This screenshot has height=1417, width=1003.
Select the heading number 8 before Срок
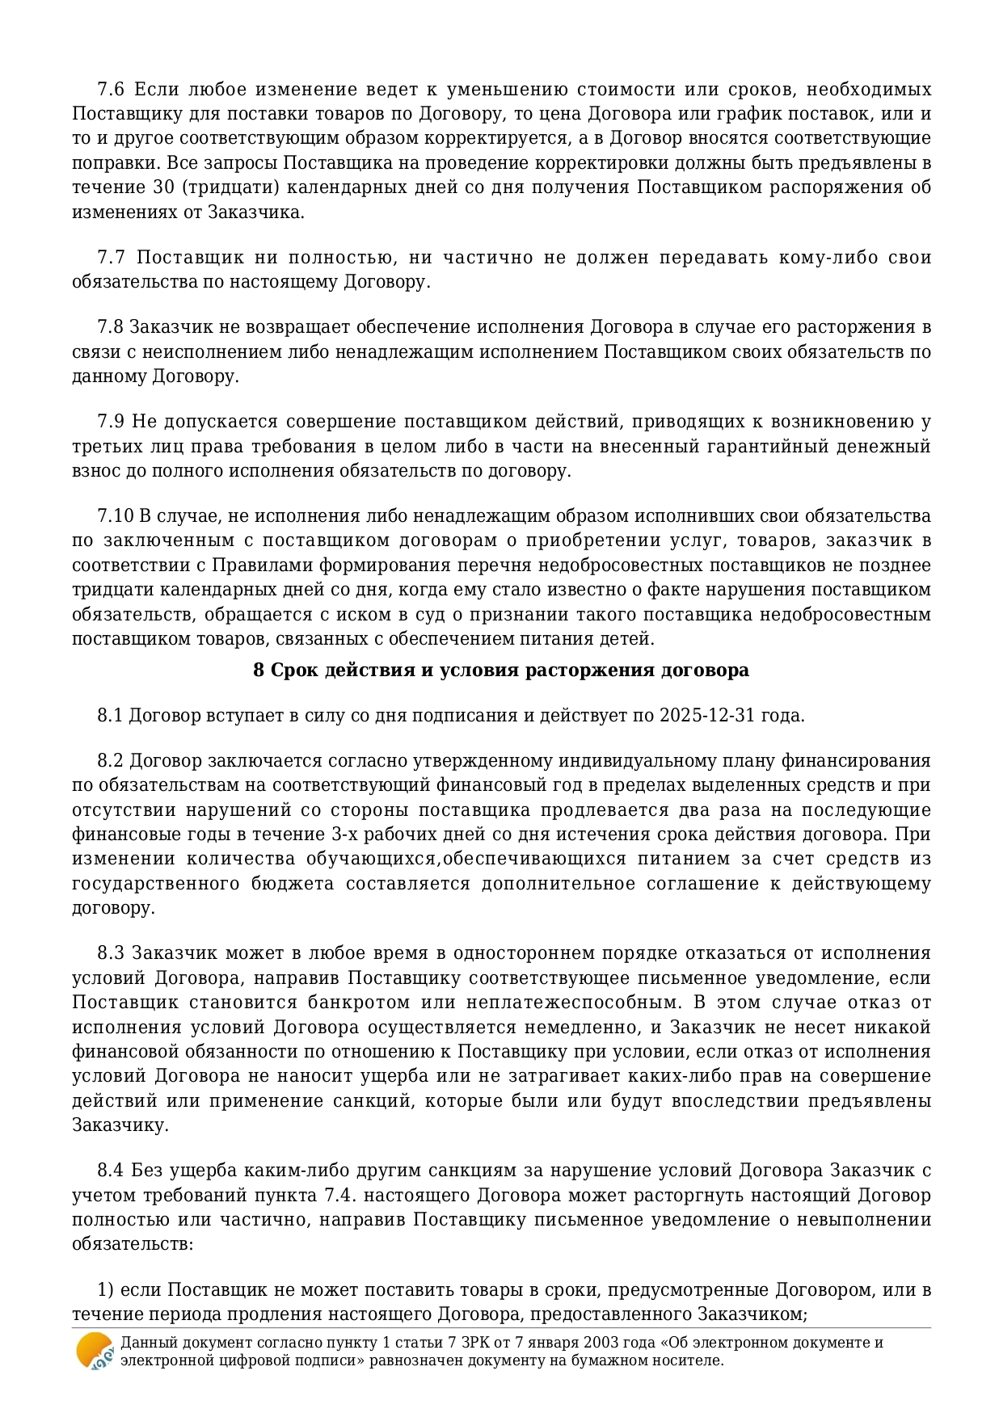click(x=259, y=671)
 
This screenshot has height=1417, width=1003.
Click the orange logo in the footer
click(x=95, y=1350)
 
